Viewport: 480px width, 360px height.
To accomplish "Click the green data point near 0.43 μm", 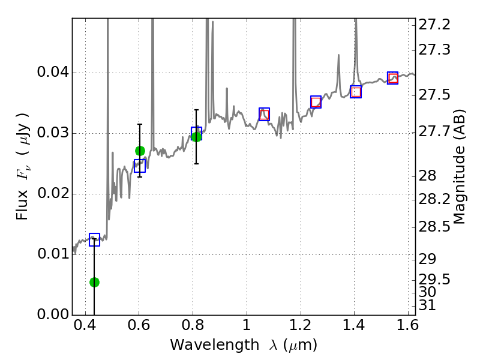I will point(94,282).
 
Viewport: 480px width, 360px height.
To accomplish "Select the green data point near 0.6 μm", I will point(140,151).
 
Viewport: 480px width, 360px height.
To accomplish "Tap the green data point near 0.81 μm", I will point(196,137).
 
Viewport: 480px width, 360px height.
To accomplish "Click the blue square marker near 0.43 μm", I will point(94,240).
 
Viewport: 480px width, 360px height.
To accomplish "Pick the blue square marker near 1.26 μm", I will point(316,102).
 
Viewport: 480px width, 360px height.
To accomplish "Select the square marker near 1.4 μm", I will point(356,92).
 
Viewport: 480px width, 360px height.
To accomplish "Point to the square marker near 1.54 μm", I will point(392,78).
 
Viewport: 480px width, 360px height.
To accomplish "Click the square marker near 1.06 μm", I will point(264,114).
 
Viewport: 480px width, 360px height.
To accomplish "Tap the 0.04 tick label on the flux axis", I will point(53,73).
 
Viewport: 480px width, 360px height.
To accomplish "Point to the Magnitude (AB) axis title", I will point(460,167).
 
